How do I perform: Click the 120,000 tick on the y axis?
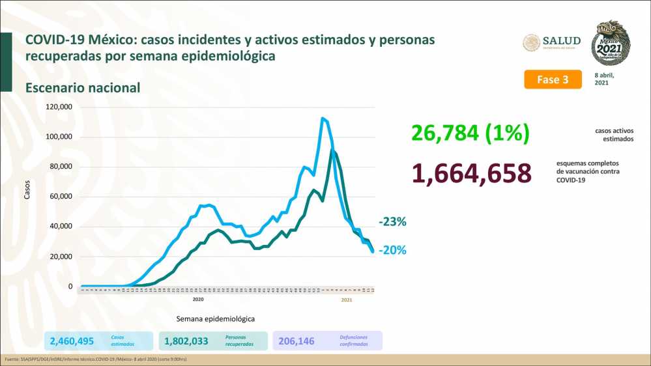point(59,107)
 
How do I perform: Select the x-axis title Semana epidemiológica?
point(215,319)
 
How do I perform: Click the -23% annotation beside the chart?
point(392,222)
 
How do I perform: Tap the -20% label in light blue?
point(392,250)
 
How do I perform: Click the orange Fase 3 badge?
point(553,79)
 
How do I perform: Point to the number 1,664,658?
point(472,173)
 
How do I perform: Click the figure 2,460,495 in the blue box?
point(72,341)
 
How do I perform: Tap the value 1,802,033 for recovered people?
point(191,341)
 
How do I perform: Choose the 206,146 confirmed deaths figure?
point(300,341)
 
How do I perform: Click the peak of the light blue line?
point(323,118)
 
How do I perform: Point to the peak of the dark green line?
point(332,150)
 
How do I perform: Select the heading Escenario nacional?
point(83,87)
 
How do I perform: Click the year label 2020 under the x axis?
point(198,299)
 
